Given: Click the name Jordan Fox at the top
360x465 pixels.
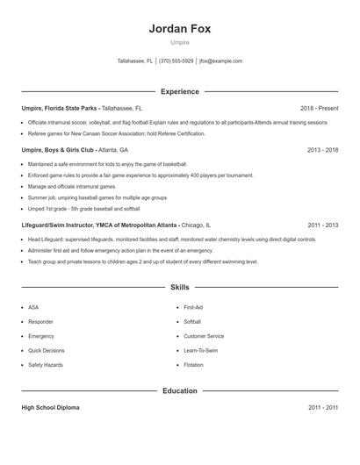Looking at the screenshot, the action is tap(179, 28).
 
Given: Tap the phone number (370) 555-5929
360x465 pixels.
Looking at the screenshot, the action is tap(176, 61).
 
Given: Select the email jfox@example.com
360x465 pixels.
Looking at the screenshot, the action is tap(221, 61).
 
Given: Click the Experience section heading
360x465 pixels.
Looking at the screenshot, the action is tap(179, 91).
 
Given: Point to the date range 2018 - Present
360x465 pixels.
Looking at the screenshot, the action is tap(319, 108).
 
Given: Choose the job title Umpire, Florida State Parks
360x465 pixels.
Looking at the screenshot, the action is tap(60, 108).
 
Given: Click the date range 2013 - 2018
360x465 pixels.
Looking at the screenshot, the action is tap(322, 150).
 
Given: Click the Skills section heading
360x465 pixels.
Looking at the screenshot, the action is tap(179, 287).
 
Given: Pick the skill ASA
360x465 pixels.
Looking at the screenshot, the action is tap(33, 308).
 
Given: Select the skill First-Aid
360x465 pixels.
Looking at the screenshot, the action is tap(193, 308).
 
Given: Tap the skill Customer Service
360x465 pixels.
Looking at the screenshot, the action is tap(204, 336).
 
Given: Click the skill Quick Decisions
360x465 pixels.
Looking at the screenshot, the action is tap(46, 350).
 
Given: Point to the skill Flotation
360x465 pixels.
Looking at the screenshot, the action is tap(193, 364).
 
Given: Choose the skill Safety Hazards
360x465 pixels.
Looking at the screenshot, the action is tap(45, 364).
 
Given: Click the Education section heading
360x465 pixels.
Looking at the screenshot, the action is tap(179, 390).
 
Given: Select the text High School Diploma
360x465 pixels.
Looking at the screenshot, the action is tap(51, 408).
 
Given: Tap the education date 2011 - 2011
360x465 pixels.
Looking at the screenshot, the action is tap(322, 408).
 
